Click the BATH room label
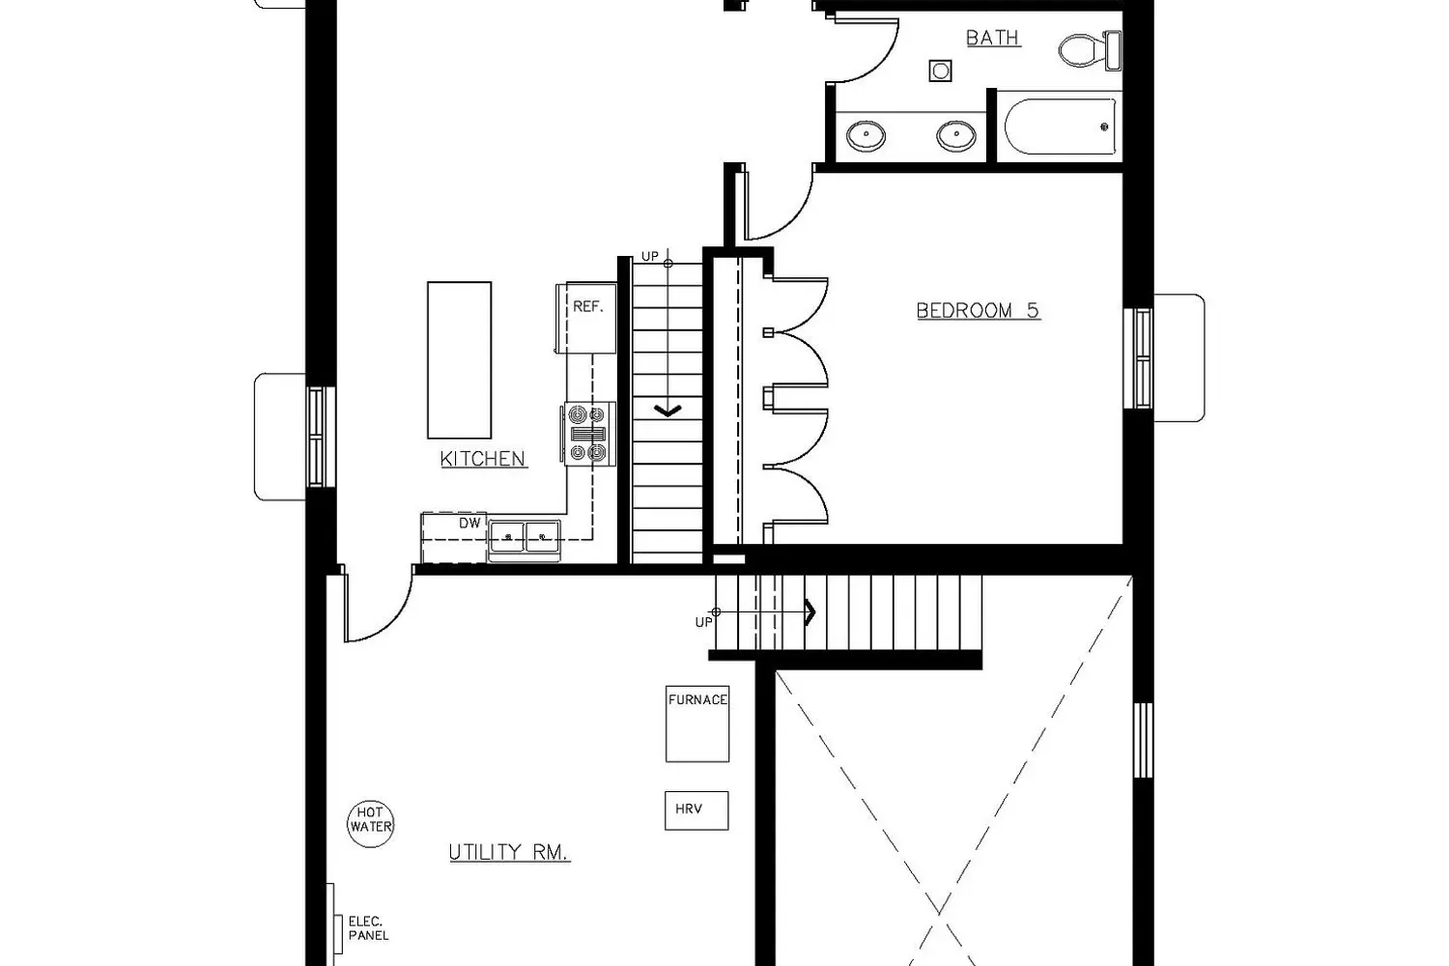point(993,38)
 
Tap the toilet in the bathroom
point(1090,50)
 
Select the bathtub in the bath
point(1061,127)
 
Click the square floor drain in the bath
point(940,71)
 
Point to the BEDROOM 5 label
point(978,311)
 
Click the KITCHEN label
point(483,459)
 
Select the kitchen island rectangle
point(459,359)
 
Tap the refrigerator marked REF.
point(586,317)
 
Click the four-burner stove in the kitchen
point(588,434)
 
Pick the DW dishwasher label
point(470,523)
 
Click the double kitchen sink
point(525,537)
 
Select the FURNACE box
point(697,724)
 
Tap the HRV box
point(696,810)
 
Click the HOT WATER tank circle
point(371,824)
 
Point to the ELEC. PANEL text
point(369,927)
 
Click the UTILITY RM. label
point(509,852)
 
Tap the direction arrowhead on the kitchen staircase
point(668,411)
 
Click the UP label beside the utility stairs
point(704,622)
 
